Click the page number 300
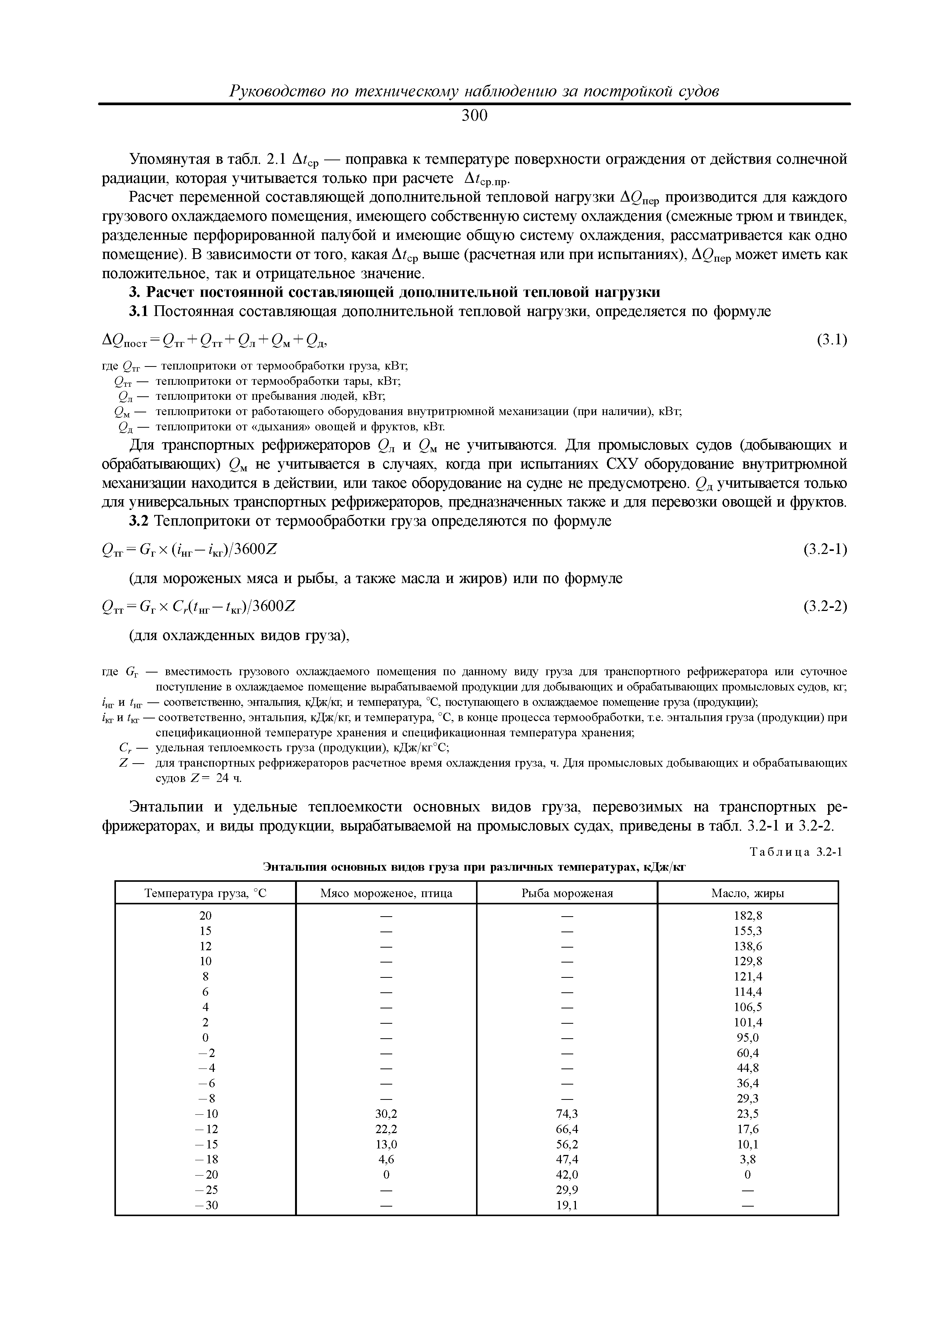pyautogui.click(x=474, y=116)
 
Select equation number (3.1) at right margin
pyautogui.click(x=832, y=340)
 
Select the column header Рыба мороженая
pyautogui.click(x=567, y=893)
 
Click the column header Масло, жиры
pyautogui.click(x=747, y=893)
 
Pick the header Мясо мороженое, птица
pyautogui.click(x=386, y=893)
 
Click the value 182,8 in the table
pyautogui.click(x=748, y=916)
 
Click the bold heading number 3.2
pyautogui.click(x=140, y=521)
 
